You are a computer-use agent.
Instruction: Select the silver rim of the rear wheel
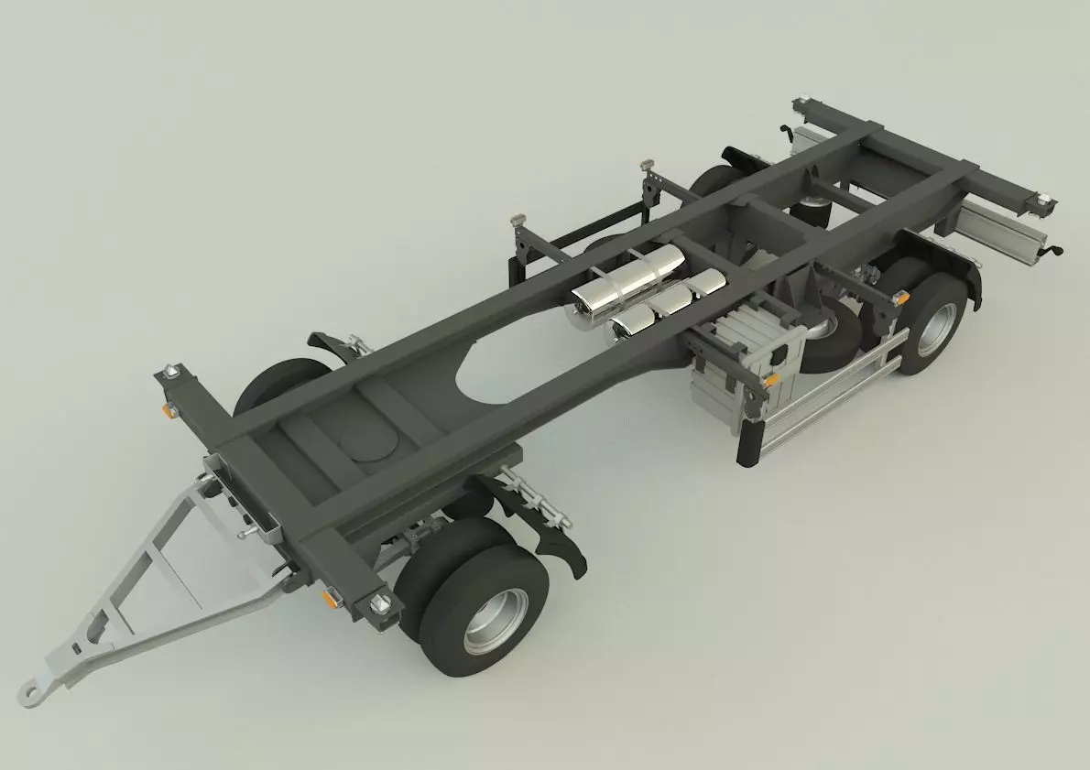coord(936,327)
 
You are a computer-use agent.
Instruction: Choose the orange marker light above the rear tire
coord(901,297)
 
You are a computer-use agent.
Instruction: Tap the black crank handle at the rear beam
coord(1056,250)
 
